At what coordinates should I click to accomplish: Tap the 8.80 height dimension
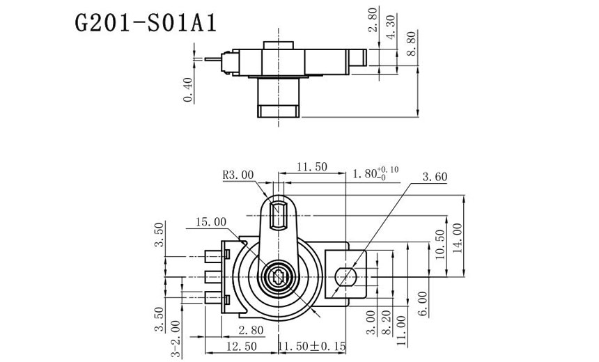pos(412,43)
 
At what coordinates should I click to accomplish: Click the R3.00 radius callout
pos(238,175)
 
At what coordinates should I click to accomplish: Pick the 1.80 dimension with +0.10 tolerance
pos(377,173)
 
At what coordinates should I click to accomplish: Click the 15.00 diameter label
pos(211,222)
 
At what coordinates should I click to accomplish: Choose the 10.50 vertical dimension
pos(439,244)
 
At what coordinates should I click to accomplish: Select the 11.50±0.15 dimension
pos(313,346)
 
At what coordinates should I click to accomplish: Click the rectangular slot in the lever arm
pos(279,214)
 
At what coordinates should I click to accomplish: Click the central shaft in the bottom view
pos(279,276)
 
